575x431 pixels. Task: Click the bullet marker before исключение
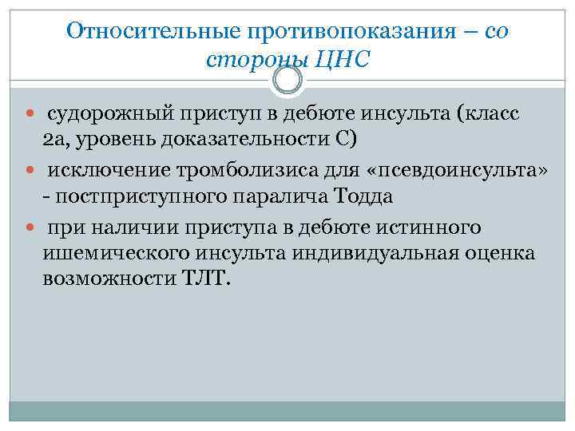point(30,172)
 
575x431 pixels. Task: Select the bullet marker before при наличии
point(30,227)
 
